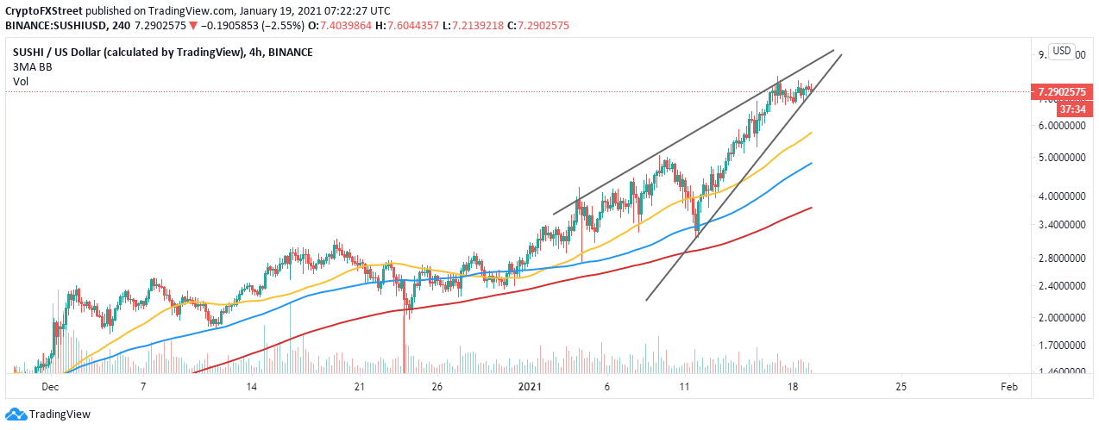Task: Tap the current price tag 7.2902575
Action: (x=1064, y=91)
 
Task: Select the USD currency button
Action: (x=1062, y=52)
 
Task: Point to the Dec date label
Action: (x=49, y=388)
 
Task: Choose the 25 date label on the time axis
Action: (x=901, y=388)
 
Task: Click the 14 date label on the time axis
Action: (x=251, y=388)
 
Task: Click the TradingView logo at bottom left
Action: (x=51, y=414)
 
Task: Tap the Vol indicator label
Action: (x=21, y=82)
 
